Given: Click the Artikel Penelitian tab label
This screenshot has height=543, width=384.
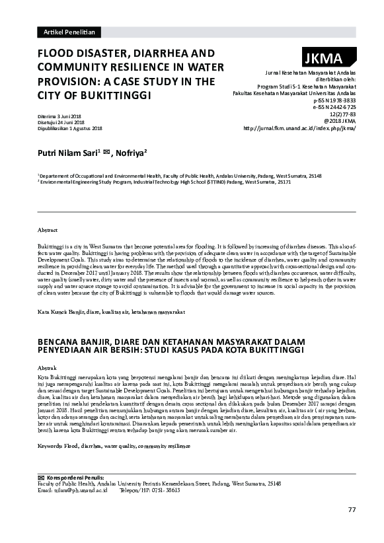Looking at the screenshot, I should pyautogui.click(x=68, y=32).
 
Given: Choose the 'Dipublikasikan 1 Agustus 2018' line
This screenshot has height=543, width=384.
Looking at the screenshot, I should pyautogui.click(x=69, y=128).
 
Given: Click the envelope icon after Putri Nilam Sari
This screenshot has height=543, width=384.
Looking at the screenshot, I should pyautogui.click(x=106, y=152).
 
